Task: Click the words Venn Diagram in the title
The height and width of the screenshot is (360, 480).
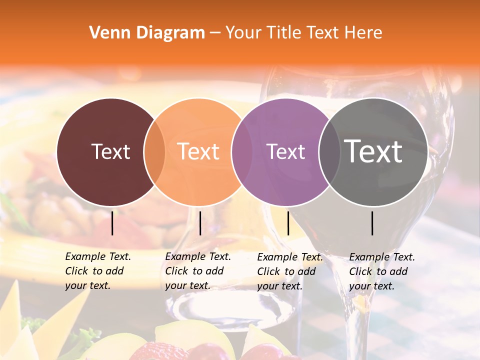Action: [x=147, y=33]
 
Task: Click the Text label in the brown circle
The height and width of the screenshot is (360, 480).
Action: [x=110, y=151]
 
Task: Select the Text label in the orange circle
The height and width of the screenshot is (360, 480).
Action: [x=198, y=151]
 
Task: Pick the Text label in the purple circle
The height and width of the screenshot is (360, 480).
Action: [x=285, y=151]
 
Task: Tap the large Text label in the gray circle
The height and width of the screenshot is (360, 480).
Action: [x=373, y=151]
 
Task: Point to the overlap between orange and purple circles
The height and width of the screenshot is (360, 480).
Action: [x=241, y=152]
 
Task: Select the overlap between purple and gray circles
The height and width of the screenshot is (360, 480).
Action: [x=329, y=152]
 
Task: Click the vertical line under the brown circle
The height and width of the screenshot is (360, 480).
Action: [x=112, y=223]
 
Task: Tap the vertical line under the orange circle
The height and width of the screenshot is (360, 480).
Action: [x=200, y=223]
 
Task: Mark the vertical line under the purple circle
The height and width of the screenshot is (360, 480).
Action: [x=288, y=223]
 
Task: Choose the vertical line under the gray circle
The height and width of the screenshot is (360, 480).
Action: [x=372, y=223]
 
